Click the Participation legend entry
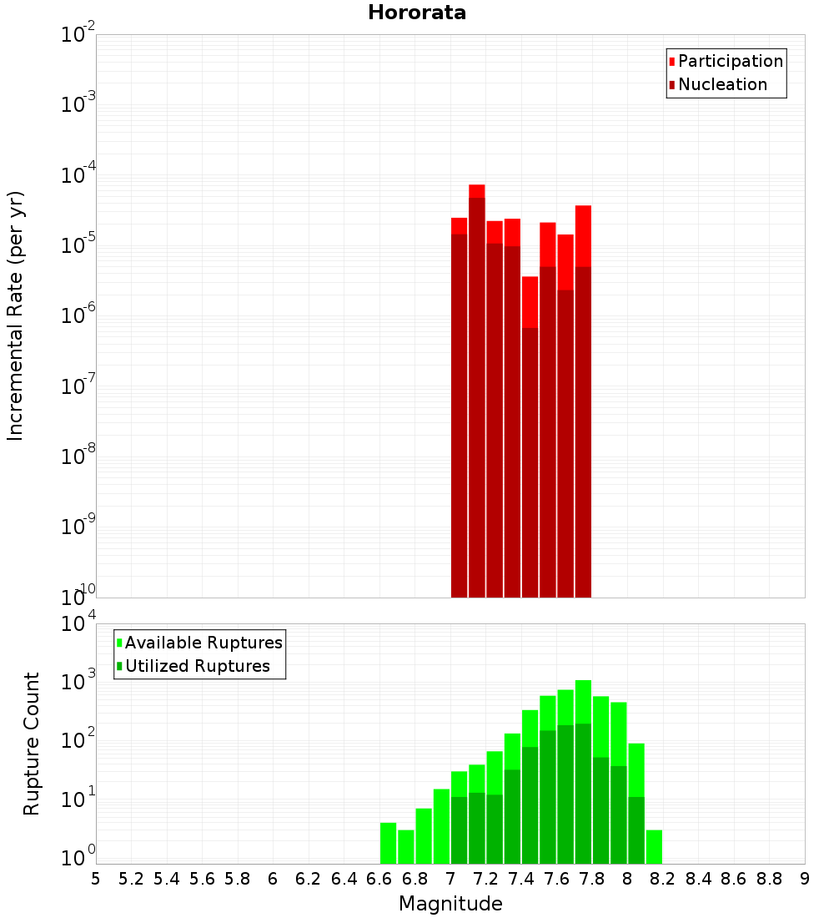[x=730, y=61]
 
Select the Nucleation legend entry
[x=721, y=84]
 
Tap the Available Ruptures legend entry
[x=203, y=643]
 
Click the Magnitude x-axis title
[x=450, y=904]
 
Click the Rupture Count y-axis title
[x=32, y=743]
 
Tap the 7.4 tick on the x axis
[x=521, y=879]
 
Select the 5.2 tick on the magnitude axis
[x=132, y=879]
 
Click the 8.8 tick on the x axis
[x=769, y=879]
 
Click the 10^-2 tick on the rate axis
[x=78, y=35]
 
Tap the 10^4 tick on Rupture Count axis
[x=78, y=623]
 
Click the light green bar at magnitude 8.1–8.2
[x=654, y=846]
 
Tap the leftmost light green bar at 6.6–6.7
[x=388, y=843]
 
